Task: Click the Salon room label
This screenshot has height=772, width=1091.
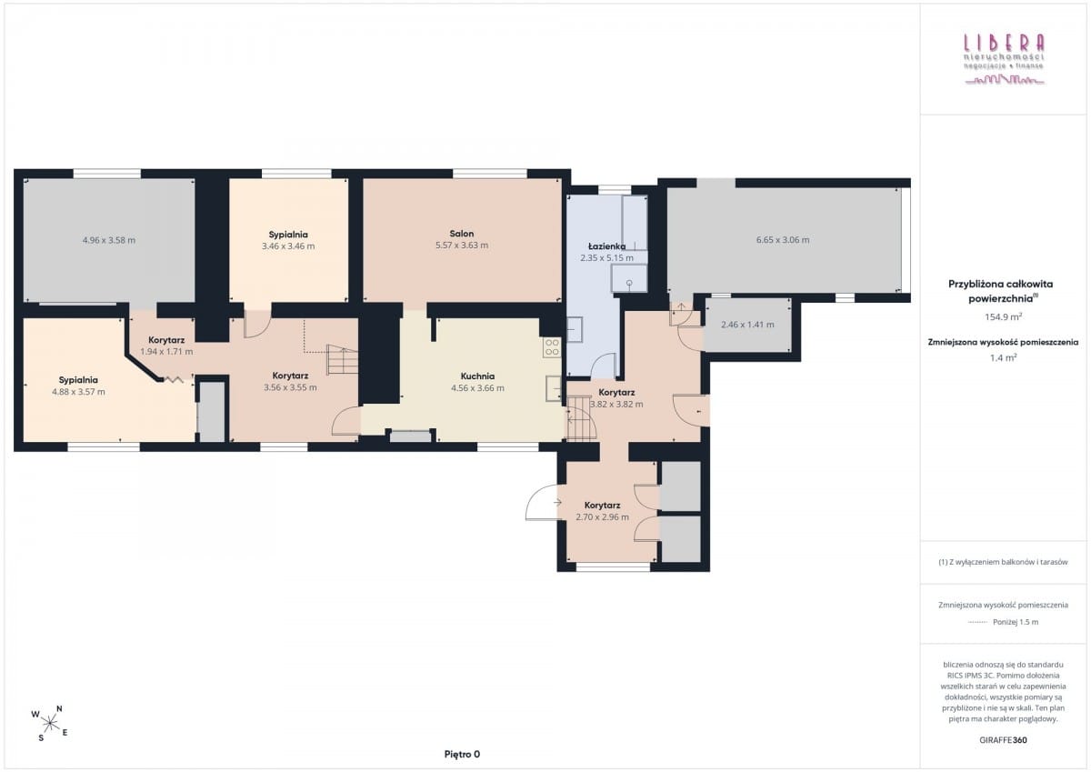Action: pos(461,234)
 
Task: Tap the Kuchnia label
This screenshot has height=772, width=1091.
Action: pos(477,376)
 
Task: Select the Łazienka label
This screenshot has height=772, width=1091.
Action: pos(606,246)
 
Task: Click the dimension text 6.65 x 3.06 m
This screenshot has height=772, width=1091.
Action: pos(783,240)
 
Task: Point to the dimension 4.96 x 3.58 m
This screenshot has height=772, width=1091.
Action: pos(109,240)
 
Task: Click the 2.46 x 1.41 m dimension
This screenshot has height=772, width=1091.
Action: pos(747,325)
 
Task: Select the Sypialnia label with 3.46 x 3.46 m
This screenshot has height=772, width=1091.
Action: pos(288,235)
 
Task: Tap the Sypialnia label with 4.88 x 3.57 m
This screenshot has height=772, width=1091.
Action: pos(78,380)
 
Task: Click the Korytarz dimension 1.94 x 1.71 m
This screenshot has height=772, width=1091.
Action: pos(166,351)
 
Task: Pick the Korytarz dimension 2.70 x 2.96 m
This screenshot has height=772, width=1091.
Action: pos(602,516)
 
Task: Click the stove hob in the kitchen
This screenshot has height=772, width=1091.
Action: pos(552,346)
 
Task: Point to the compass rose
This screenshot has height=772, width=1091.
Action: pos(50,723)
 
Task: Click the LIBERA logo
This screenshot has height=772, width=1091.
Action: pos(1005,58)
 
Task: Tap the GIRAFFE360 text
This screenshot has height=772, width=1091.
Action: pos(1003,740)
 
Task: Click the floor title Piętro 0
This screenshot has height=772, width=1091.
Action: pos(462,754)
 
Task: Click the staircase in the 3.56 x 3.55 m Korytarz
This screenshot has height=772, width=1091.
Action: pos(343,358)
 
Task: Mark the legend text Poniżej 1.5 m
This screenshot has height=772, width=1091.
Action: pos(1016,622)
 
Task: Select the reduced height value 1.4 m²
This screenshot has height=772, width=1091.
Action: pos(1003,357)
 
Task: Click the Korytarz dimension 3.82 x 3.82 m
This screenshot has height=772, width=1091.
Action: pos(616,405)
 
